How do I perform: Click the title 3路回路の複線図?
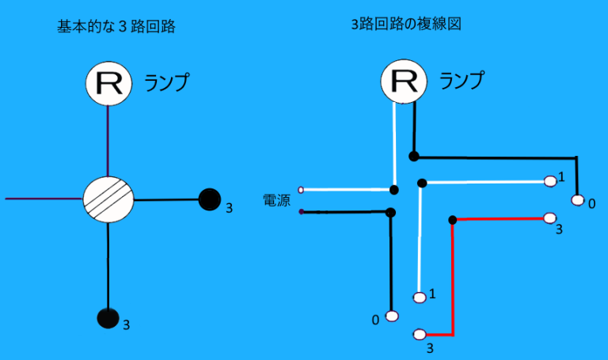coord(406,25)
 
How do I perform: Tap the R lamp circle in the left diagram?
coord(108,83)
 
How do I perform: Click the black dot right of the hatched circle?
coord(210,199)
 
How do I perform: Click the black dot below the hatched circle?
coord(108,318)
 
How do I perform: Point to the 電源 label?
coord(276,201)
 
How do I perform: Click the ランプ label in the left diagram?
coord(168,82)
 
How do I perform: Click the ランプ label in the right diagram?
coord(462,80)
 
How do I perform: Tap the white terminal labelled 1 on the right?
coord(550,181)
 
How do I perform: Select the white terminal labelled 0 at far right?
coord(577,199)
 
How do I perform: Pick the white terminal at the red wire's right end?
coord(550,218)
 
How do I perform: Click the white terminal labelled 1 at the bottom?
coord(420,297)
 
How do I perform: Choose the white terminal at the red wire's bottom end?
coord(420,334)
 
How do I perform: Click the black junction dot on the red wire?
coord(452,219)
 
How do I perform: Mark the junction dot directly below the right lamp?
coord(413,155)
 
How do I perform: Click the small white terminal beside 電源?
coord(302,190)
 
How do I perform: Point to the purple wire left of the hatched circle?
coord(44,199)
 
